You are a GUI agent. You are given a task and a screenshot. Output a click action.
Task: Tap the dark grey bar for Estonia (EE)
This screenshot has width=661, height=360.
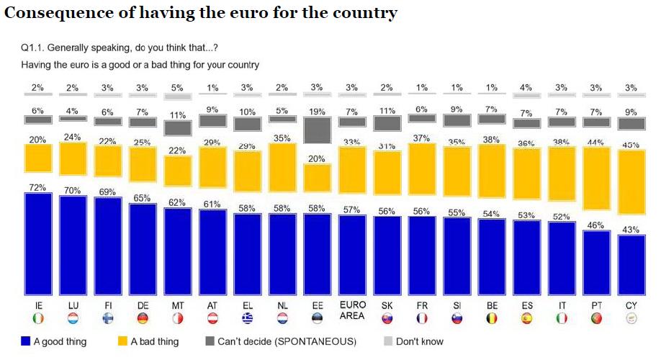click(x=317, y=130)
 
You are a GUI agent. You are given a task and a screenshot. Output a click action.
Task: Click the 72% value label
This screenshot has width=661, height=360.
click(x=37, y=187)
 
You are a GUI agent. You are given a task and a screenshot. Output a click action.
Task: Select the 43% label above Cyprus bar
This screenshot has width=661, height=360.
click(x=631, y=229)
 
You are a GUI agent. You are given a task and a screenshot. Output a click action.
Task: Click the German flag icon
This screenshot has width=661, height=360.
click(x=142, y=319)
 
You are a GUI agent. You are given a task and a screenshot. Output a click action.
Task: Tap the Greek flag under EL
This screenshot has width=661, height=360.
click(x=247, y=319)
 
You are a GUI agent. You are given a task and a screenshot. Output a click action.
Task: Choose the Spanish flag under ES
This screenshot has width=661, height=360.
click(x=527, y=319)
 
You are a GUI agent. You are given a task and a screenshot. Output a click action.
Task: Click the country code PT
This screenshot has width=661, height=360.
click(x=596, y=306)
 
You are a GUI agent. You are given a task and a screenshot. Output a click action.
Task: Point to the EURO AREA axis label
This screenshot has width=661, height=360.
click(x=353, y=310)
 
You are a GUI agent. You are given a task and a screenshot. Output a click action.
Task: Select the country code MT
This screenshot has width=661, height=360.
click(x=176, y=306)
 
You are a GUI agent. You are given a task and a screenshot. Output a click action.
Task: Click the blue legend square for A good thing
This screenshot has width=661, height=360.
click(x=25, y=341)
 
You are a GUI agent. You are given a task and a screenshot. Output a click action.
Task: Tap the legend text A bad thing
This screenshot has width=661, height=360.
click(x=155, y=341)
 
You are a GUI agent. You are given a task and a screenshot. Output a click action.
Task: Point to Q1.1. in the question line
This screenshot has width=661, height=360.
click(x=35, y=48)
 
